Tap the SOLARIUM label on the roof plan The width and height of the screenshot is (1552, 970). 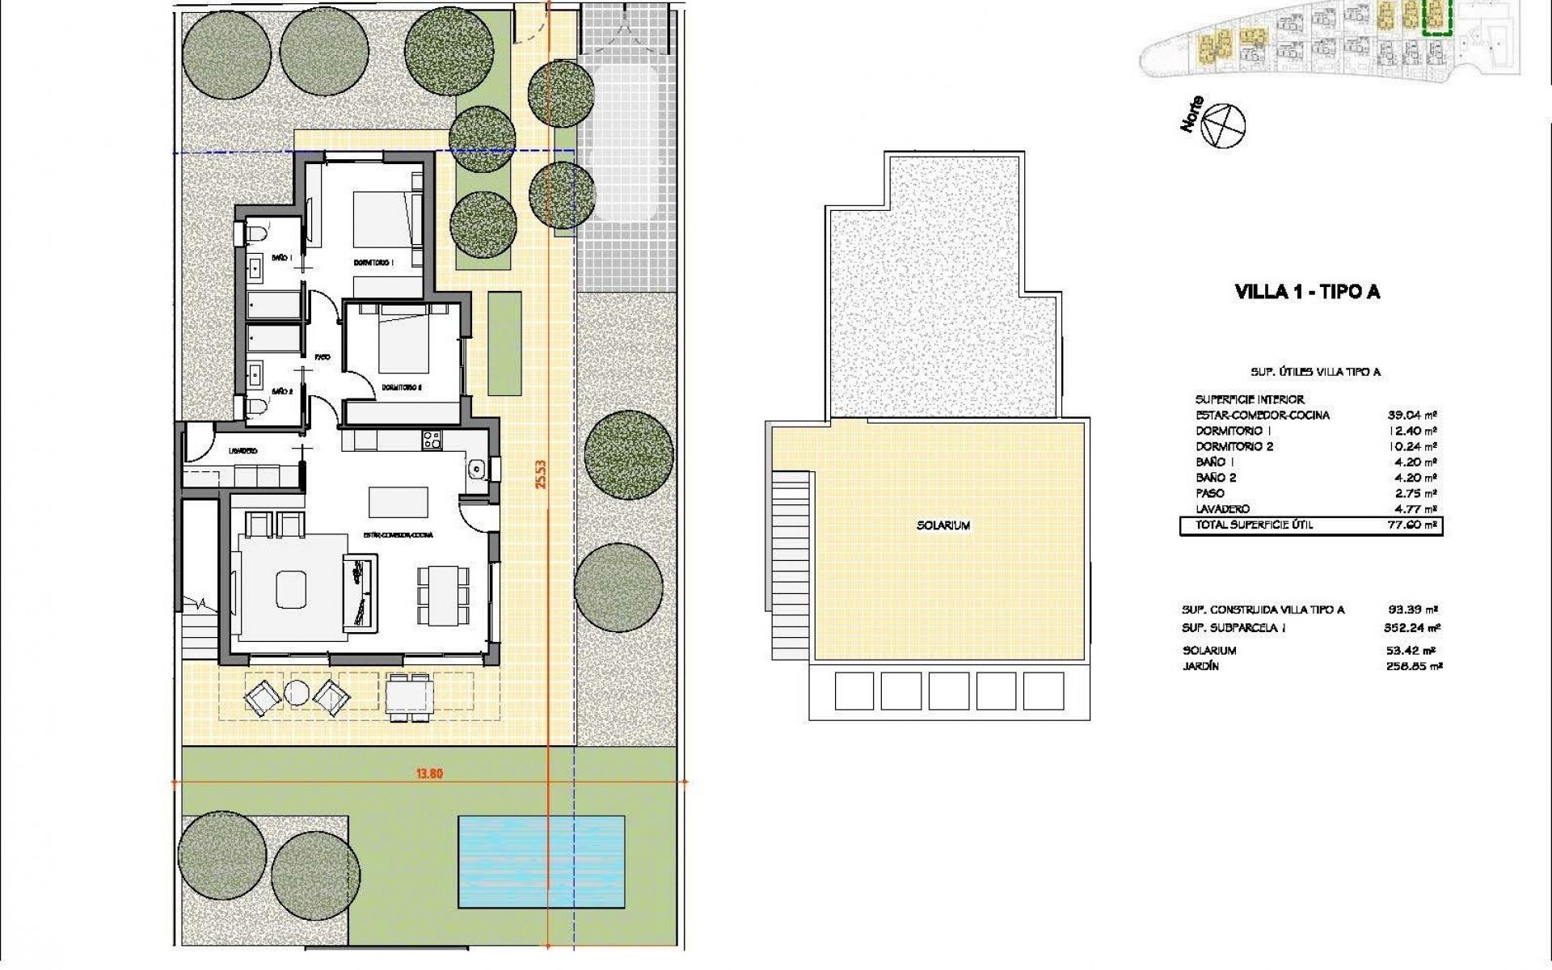click(943, 525)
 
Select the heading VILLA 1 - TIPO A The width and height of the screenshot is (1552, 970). click(1307, 293)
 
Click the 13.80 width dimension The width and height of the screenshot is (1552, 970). click(429, 773)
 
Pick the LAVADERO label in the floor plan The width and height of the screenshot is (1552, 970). click(242, 451)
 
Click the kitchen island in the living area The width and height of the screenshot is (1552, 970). click(399, 501)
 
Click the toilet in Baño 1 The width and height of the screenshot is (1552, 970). click(257, 235)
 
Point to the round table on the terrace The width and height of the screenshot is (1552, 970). click(295, 693)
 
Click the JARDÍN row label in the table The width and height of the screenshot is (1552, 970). click(1200, 667)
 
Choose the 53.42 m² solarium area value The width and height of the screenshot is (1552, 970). click(1412, 651)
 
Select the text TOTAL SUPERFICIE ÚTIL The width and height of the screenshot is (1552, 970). click(1247, 525)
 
